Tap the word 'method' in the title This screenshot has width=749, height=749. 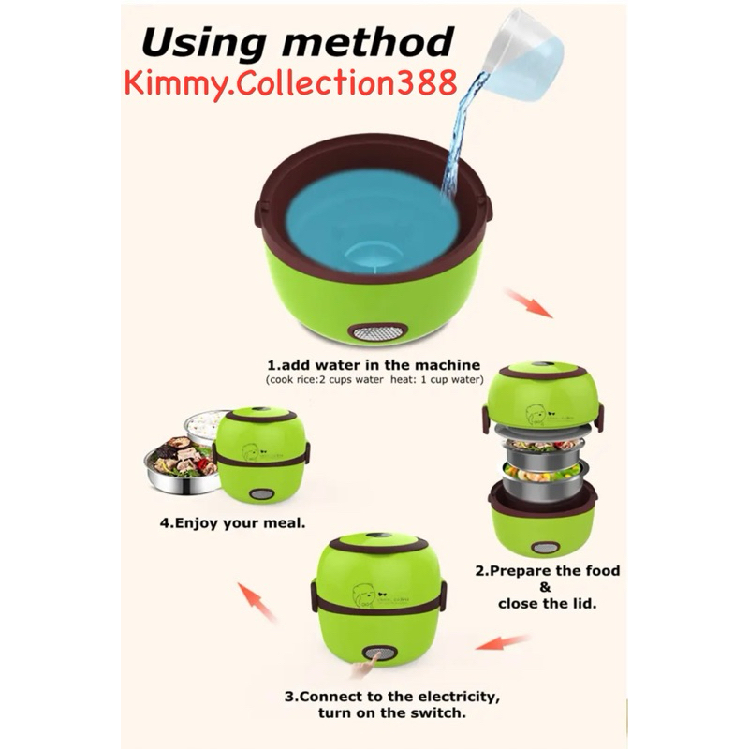[367, 41]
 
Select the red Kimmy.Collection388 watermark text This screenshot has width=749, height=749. [290, 83]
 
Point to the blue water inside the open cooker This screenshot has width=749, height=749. [371, 221]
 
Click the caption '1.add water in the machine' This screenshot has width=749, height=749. [373, 365]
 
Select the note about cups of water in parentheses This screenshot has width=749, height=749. [374, 380]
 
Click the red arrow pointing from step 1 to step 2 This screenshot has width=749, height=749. [529, 303]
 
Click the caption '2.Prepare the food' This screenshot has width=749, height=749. [547, 570]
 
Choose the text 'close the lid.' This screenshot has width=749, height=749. [547, 603]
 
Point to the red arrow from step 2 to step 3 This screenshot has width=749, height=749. [503, 642]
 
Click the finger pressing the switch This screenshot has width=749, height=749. [364, 667]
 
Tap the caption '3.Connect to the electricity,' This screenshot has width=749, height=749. [392, 697]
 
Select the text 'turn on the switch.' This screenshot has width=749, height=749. [392, 713]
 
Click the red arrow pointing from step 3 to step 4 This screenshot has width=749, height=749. [257, 601]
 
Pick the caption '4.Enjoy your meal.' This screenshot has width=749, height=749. [232, 523]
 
